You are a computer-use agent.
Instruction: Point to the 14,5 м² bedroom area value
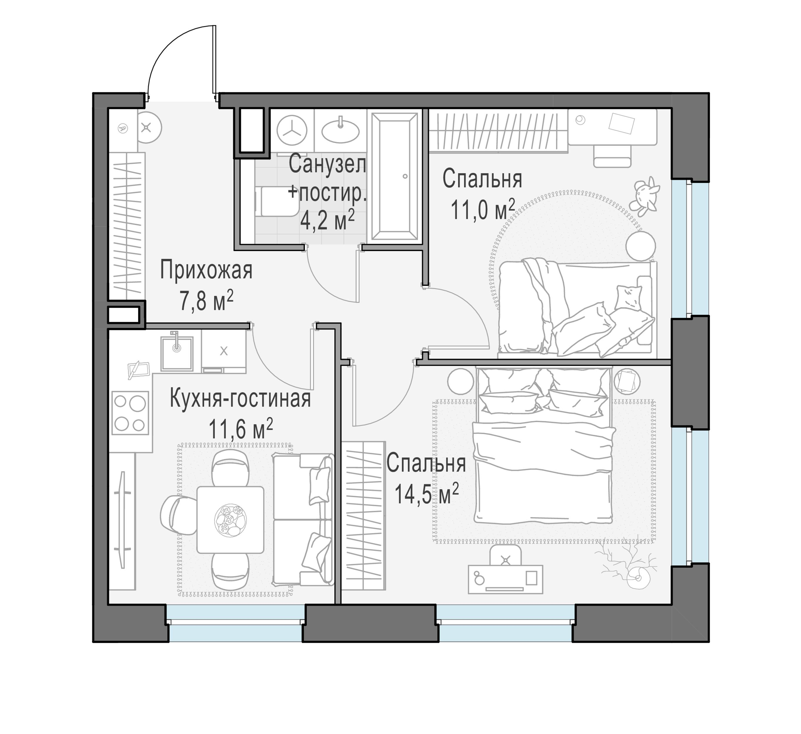coord(426,493)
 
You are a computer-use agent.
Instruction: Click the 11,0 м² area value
coord(483,209)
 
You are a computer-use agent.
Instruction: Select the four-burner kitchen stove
coord(130,413)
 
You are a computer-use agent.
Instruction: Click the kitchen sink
coord(177,353)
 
